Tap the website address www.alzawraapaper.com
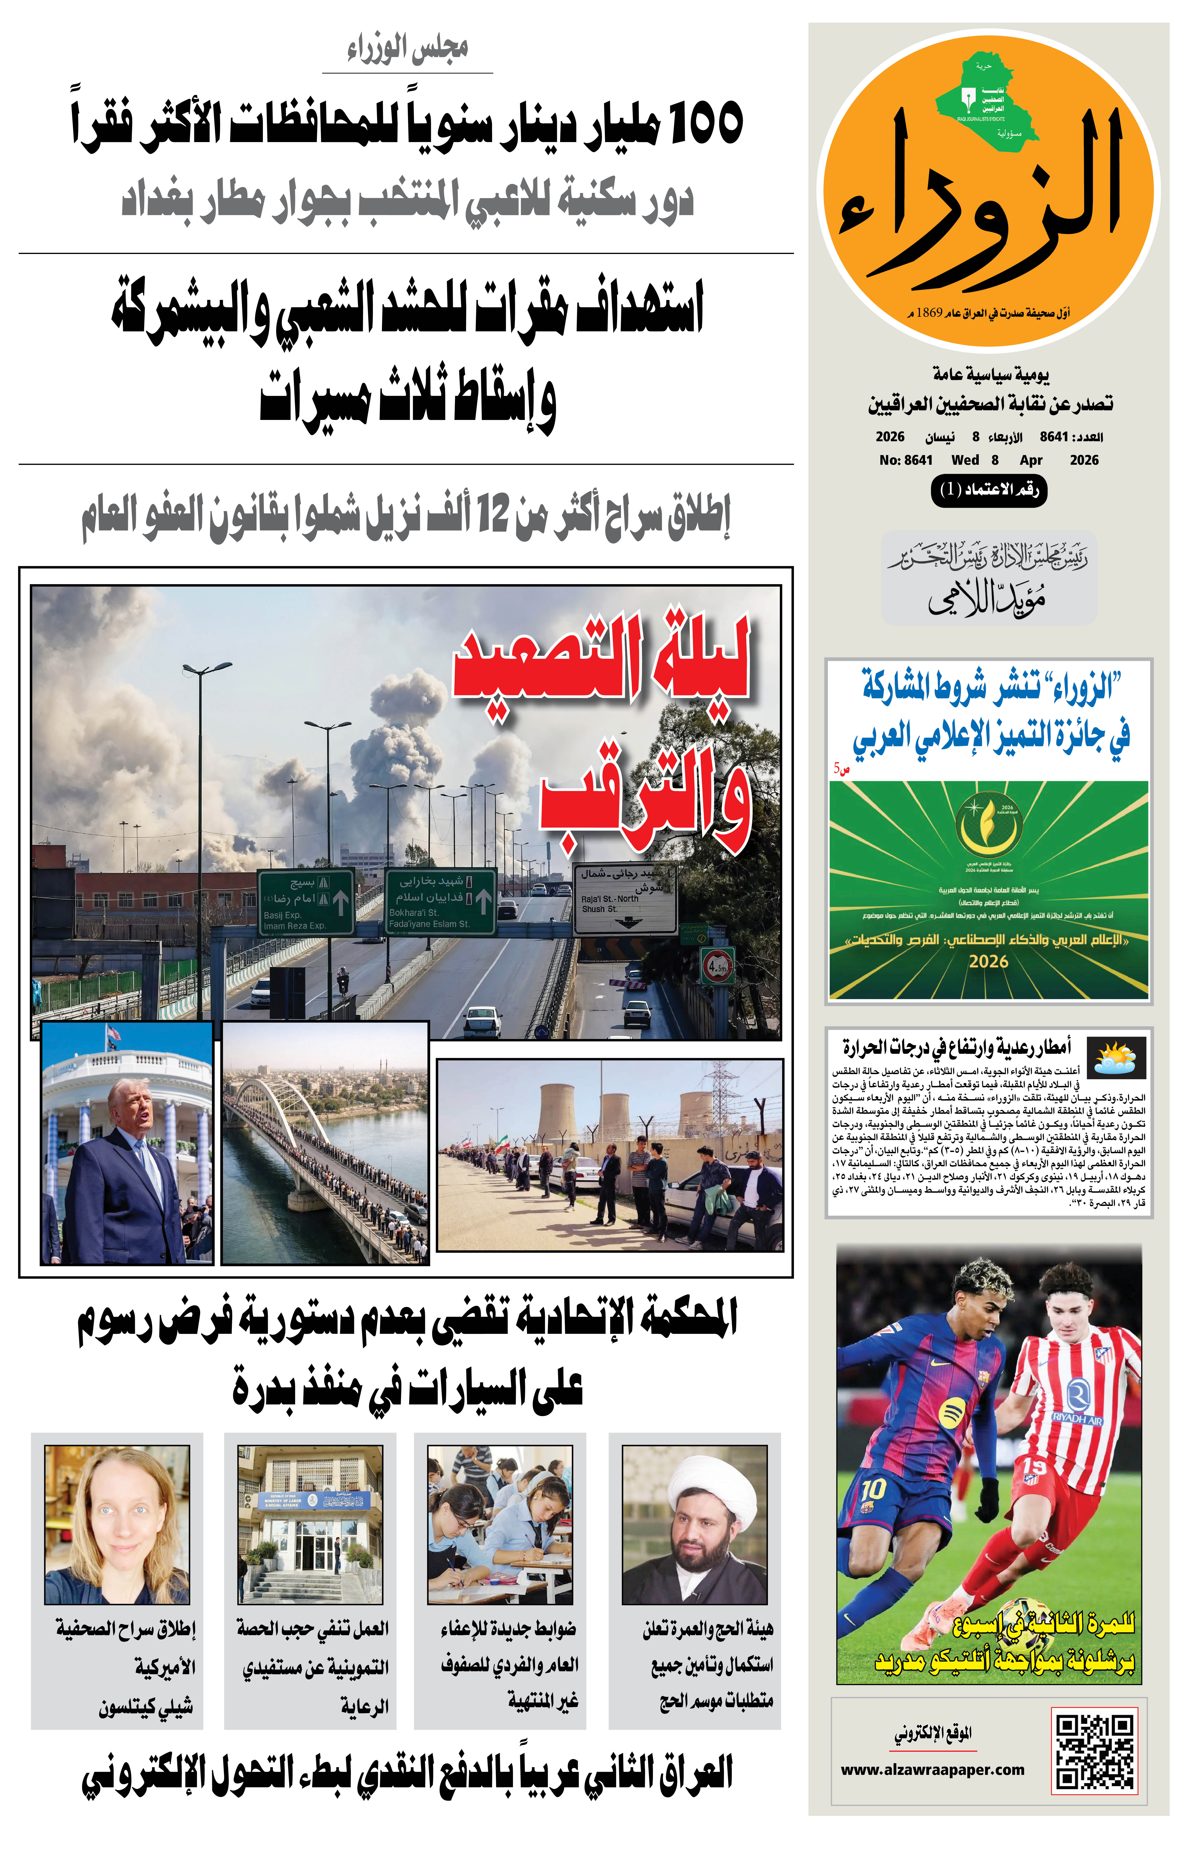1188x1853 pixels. coord(933,1770)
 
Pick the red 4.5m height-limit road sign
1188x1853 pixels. coord(717,965)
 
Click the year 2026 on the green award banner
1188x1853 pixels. coord(988,962)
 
